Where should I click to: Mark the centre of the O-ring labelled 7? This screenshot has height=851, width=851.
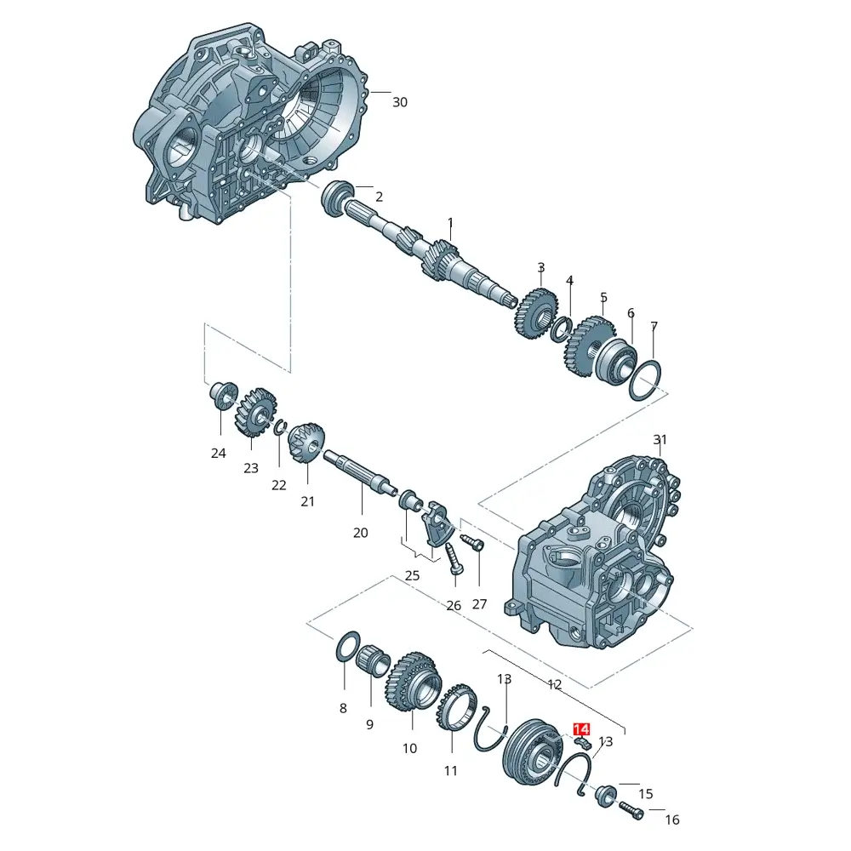[645, 380]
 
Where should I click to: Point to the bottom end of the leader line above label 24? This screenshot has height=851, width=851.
[221, 435]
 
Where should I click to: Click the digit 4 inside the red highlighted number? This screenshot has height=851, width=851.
[585, 729]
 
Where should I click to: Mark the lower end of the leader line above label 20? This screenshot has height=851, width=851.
[362, 514]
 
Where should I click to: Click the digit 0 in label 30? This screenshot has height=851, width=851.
[403, 102]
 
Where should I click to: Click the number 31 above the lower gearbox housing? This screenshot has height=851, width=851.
[660, 439]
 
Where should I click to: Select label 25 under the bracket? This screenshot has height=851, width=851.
[413, 575]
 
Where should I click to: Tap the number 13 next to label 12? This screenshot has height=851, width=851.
[504, 679]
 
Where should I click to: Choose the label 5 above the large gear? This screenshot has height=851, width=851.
[603, 297]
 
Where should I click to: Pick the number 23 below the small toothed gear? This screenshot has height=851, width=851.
[251, 468]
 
